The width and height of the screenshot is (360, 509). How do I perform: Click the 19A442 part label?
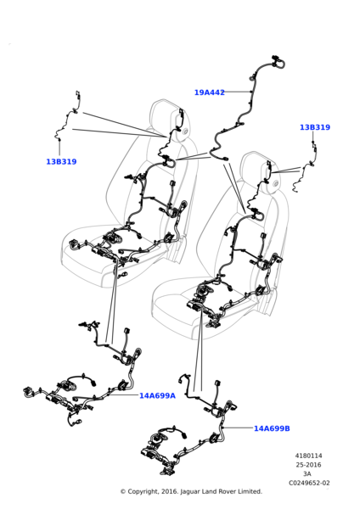click(x=209, y=92)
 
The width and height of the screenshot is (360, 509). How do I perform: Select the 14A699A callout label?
click(x=157, y=395)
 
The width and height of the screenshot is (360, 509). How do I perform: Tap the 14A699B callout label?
click(x=272, y=428)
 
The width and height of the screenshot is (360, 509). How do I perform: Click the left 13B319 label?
click(x=61, y=162)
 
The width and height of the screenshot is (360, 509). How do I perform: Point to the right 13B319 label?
click(x=314, y=127)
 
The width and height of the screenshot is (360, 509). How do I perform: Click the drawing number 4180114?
click(x=308, y=456)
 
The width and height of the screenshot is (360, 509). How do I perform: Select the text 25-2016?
click(x=308, y=465)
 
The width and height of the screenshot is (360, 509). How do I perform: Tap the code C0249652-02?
click(x=309, y=483)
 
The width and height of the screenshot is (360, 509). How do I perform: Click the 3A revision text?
click(x=307, y=474)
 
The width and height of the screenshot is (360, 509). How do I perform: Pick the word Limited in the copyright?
click(x=250, y=491)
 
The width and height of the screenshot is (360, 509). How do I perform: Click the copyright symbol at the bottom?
click(x=123, y=492)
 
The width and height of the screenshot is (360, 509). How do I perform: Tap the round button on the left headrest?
click(x=185, y=131)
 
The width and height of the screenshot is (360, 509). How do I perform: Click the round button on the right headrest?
click(x=276, y=184)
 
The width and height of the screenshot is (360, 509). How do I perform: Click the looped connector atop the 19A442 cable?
click(x=278, y=62)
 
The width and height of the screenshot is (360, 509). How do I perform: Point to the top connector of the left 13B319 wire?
click(x=78, y=94)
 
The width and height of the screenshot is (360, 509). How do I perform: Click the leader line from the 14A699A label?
click(x=123, y=395)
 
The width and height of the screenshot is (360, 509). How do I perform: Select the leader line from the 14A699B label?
click(x=238, y=428)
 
